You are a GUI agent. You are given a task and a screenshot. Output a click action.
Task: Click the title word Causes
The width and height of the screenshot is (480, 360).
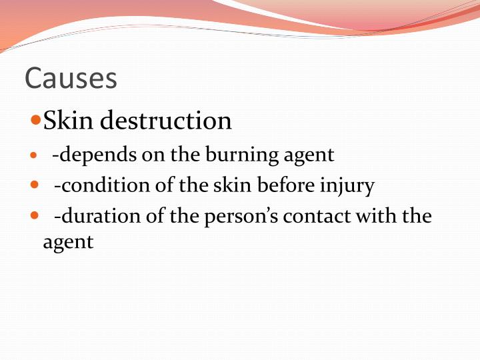[x=71, y=79]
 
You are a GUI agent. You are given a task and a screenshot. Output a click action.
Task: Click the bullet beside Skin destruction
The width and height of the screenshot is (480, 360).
[x=36, y=121]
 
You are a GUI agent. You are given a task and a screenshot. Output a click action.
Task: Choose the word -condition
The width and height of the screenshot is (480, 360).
[x=103, y=185]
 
